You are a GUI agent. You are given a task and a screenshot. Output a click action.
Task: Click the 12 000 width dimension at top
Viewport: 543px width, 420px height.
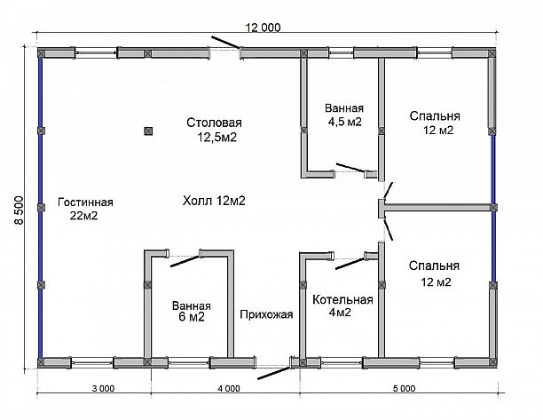pos(263,28)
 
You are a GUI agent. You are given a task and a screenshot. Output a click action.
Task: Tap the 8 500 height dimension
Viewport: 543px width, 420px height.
pos(19,210)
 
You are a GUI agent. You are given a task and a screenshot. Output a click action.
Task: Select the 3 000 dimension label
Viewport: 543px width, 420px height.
pos(103,388)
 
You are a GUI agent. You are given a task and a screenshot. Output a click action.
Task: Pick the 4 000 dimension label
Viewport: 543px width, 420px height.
pos(229,388)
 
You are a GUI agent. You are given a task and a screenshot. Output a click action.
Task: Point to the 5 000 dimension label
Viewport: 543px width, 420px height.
pos(404,388)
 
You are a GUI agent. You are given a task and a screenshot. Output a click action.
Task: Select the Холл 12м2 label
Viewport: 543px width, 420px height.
pos(214,201)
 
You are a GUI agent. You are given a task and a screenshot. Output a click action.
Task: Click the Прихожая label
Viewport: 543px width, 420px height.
pos(266,314)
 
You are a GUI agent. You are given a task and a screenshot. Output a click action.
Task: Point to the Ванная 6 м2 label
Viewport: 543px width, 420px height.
pos(192,311)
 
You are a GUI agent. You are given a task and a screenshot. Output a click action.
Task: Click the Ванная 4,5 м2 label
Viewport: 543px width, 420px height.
pos(344,115)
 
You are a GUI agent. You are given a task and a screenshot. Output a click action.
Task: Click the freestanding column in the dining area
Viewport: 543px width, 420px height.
pos(148,131)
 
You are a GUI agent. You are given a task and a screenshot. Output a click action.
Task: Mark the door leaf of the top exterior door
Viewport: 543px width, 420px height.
pos(225,43)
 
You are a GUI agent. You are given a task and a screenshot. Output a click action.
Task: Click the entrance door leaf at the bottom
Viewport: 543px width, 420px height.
pos(274,373)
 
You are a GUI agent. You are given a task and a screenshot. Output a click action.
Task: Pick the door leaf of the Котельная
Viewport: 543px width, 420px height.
pos(350,263)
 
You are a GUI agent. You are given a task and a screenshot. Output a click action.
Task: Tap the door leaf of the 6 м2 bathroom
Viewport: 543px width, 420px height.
pos(185,261)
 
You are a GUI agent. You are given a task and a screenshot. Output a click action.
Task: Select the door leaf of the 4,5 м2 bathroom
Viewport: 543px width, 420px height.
pos(350,167)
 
